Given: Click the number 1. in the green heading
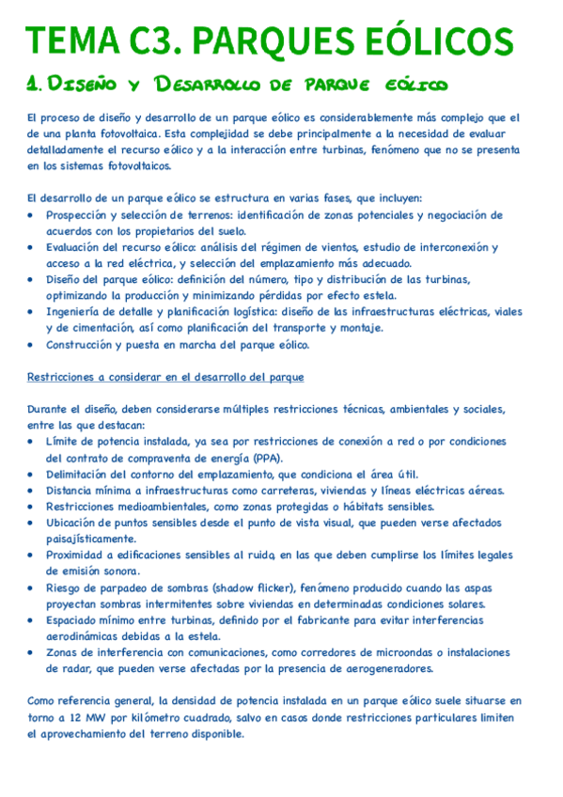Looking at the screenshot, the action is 36,86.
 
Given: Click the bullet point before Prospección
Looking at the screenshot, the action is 35,214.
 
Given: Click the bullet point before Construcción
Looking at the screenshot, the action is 35,345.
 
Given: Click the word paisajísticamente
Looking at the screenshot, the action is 92,539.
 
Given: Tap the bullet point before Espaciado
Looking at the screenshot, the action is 35,620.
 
